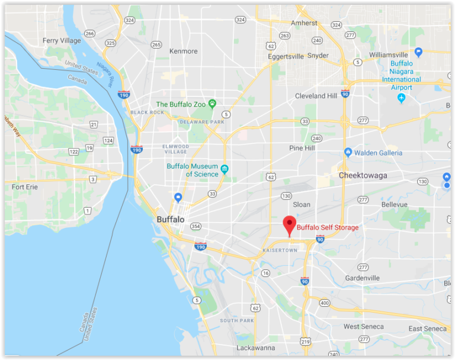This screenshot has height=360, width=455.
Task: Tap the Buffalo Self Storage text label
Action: click(x=328, y=227)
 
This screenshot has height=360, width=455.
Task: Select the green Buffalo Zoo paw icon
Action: click(x=212, y=104)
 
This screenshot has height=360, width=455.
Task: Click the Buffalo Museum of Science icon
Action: click(x=225, y=171)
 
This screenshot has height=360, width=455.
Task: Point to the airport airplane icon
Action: click(x=402, y=98)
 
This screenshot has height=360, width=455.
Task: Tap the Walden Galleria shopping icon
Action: click(x=348, y=153)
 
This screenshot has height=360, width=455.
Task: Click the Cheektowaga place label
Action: click(x=363, y=176)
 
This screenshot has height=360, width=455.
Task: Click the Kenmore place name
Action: click(x=184, y=52)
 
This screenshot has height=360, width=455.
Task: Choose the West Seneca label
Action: click(x=363, y=327)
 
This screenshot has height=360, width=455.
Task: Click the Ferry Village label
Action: click(x=62, y=41)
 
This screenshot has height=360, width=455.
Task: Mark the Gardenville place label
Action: click(x=362, y=278)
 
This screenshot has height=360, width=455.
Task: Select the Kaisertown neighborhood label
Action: click(x=279, y=251)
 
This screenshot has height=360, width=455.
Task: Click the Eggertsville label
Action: click(x=284, y=56)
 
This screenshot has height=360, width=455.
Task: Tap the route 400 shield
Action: click(x=324, y=303)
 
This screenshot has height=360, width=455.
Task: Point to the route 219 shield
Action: click(x=305, y=342)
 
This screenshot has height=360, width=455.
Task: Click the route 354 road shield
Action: click(x=196, y=227)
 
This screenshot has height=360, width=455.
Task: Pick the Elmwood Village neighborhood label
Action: click(x=175, y=149)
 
